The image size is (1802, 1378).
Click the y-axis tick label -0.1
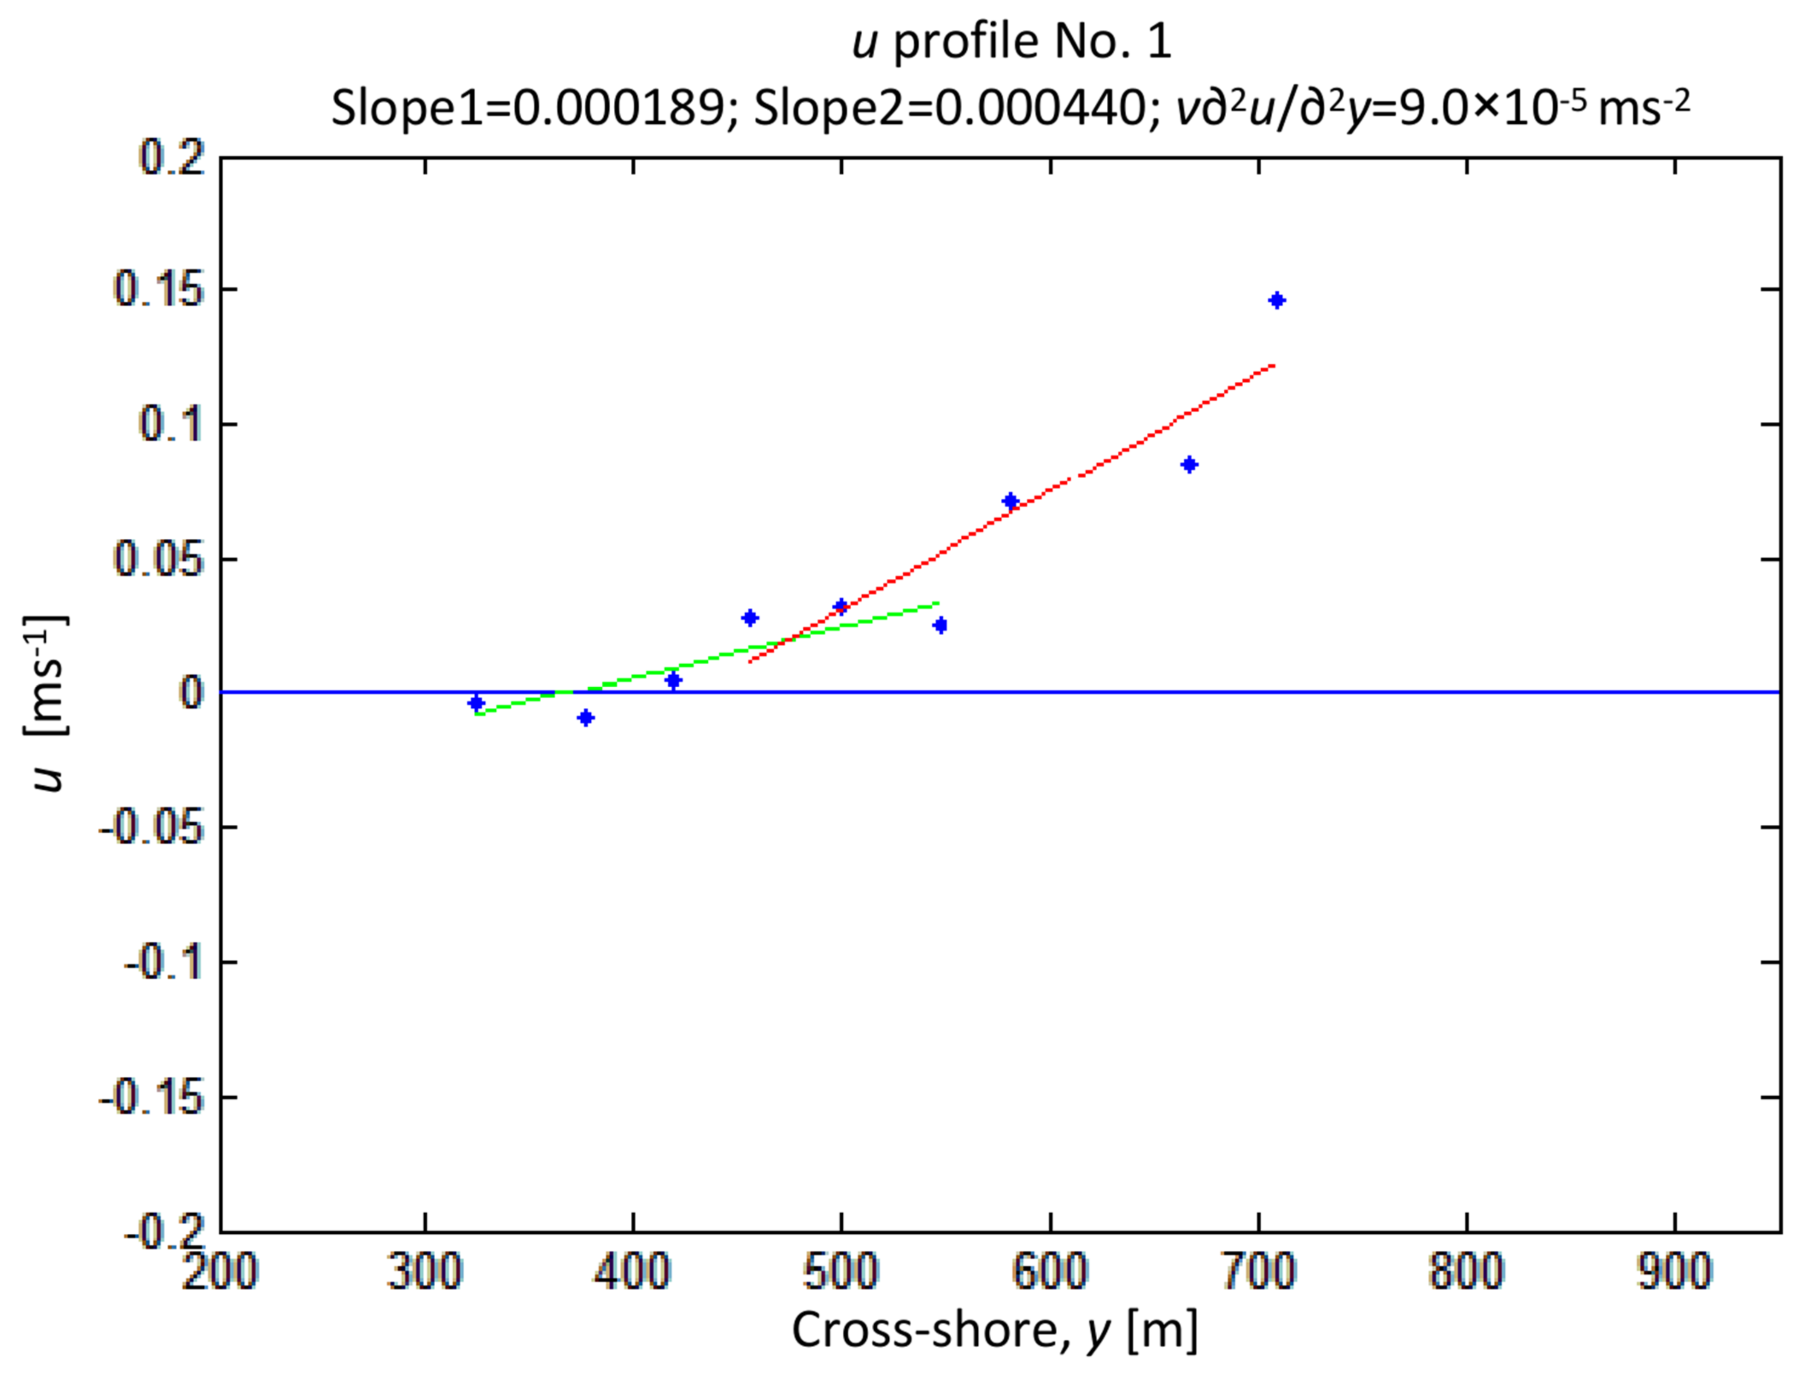(x=164, y=962)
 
